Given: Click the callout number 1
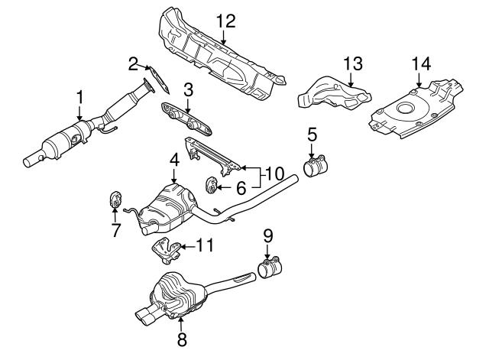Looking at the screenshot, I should tap(79, 97).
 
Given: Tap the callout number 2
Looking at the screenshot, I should tap(133, 63).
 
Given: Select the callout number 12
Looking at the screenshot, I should tap(223, 21).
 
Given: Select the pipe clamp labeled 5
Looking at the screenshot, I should tap(316, 167).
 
